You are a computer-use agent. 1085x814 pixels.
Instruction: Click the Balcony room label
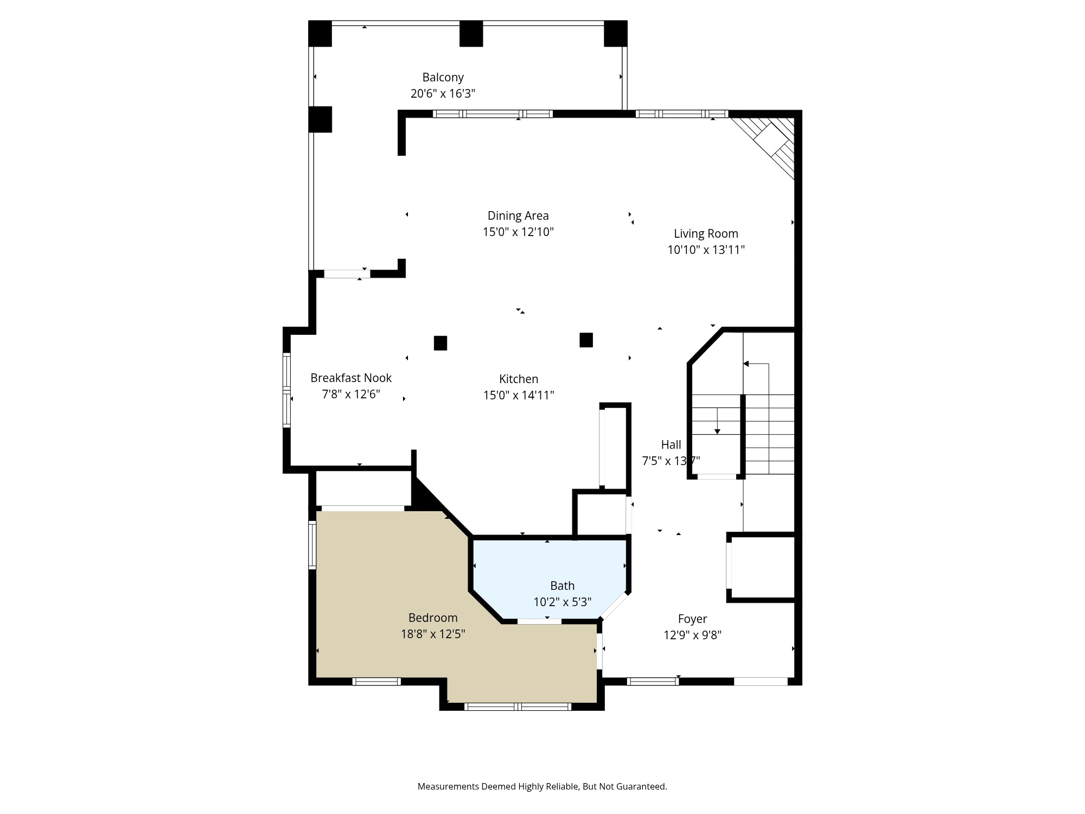443,77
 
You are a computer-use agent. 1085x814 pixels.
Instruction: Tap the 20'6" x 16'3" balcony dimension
443,93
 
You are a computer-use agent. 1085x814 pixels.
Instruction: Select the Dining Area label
518,215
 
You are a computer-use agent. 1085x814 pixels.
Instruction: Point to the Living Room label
705,233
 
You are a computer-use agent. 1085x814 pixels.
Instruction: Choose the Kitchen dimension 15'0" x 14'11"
518,395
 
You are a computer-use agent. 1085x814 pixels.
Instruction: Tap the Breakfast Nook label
350,378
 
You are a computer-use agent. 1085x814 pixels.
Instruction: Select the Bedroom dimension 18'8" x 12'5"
432,634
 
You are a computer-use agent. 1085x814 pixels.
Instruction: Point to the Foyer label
692,619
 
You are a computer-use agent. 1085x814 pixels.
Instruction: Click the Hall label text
671,444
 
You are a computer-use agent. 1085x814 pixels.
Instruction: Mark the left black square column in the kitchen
440,343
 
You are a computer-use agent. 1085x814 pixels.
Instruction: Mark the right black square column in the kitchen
586,340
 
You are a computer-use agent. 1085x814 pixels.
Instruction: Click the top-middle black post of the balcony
471,34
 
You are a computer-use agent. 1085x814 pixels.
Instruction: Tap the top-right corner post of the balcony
615,34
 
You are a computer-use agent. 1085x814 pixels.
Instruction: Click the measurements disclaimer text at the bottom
542,786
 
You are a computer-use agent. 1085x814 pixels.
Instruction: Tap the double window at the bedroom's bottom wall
518,707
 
